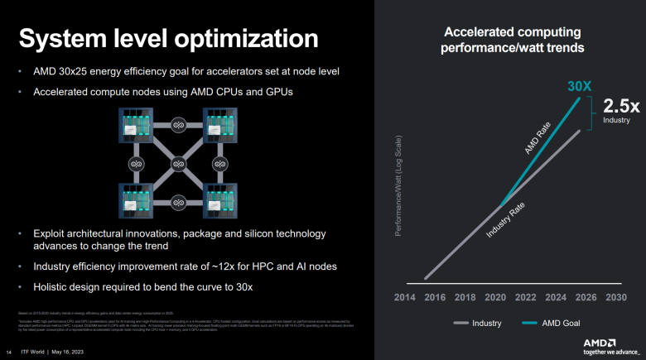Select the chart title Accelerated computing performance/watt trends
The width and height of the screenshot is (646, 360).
pyautogui.click(x=513, y=40)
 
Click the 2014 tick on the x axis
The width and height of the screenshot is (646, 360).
pyautogui.click(x=404, y=297)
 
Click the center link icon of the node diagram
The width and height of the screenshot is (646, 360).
pyautogui.click(x=176, y=162)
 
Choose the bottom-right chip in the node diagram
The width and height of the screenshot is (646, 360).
pyautogui.click(x=216, y=200)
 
